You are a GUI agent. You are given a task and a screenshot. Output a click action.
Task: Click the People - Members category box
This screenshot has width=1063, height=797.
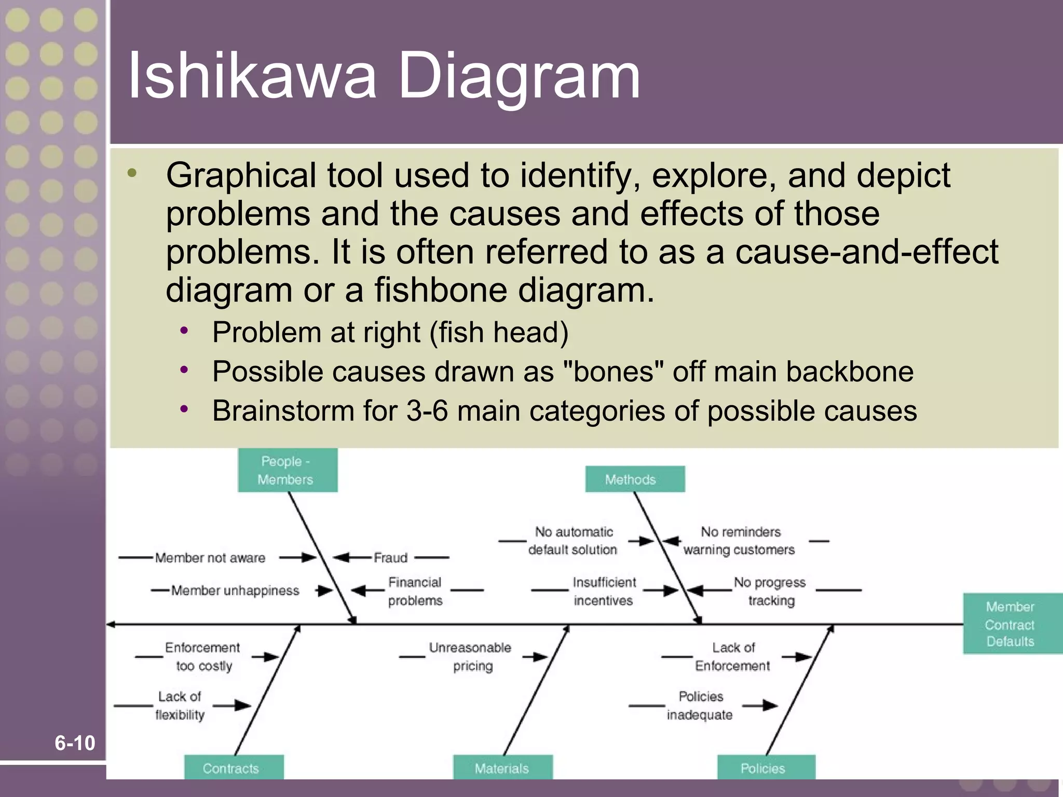click(x=288, y=470)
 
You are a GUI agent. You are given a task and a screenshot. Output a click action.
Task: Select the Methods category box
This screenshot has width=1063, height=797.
click(x=635, y=479)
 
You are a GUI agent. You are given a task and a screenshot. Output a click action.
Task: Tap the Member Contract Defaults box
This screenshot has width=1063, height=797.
click(x=1011, y=624)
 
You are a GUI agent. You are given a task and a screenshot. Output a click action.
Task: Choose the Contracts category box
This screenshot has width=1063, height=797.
click(x=234, y=768)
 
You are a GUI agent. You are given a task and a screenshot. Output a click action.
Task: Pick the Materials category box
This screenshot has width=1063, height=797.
click(x=502, y=768)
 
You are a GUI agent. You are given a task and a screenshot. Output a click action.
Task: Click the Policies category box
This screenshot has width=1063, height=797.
click(x=766, y=768)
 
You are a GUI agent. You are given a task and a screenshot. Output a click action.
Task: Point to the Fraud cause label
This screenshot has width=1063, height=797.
click(x=391, y=558)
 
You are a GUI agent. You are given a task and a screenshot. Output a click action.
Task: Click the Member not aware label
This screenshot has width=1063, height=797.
click(x=210, y=558)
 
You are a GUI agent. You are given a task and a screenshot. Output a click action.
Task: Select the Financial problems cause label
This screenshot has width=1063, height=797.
click(x=415, y=591)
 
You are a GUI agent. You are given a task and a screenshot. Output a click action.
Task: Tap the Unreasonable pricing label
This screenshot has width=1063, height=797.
click(x=471, y=656)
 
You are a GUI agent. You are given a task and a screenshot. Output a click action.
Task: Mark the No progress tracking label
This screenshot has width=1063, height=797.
click(x=770, y=591)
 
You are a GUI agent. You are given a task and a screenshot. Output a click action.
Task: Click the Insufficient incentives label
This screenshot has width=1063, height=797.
click(x=604, y=591)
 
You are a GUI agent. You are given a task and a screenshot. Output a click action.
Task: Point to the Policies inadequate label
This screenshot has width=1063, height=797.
click(x=700, y=706)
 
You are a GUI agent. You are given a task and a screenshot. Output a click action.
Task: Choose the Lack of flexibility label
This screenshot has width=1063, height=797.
click(x=180, y=706)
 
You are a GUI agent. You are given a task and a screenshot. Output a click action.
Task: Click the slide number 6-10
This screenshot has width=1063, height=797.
click(x=75, y=743)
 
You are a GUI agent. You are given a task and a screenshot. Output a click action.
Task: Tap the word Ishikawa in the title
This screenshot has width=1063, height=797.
click(x=252, y=76)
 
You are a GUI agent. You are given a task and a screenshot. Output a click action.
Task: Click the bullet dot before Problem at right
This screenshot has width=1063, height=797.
click(x=184, y=331)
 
